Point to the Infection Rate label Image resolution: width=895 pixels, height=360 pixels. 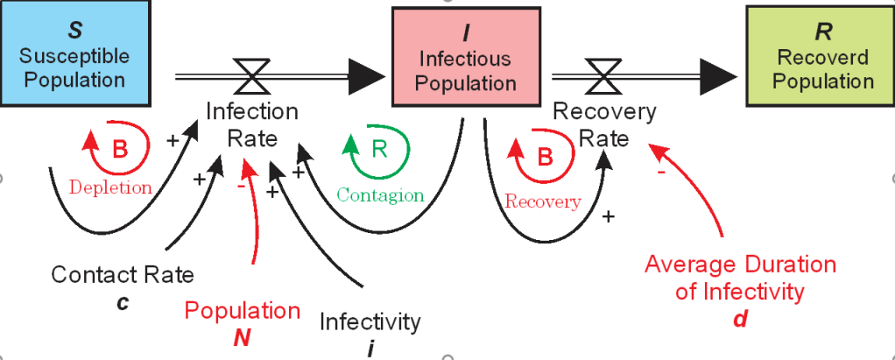pyautogui.click(x=252, y=124)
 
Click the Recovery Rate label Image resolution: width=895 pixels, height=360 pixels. pyautogui.click(x=604, y=124)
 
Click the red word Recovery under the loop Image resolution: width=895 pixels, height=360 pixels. pyautogui.click(x=542, y=201)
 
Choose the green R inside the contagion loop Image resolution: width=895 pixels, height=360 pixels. pyautogui.click(x=378, y=149)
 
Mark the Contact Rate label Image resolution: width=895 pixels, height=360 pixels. pyautogui.click(x=123, y=275)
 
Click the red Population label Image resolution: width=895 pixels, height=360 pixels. pyautogui.click(x=243, y=310)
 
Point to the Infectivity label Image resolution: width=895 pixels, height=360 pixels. pyautogui.click(x=370, y=321)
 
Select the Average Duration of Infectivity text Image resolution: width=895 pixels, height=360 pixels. pyautogui.click(x=740, y=278)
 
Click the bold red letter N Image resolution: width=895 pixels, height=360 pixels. pyautogui.click(x=242, y=335)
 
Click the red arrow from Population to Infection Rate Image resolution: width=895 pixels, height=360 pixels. pyautogui.click(x=255, y=219)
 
